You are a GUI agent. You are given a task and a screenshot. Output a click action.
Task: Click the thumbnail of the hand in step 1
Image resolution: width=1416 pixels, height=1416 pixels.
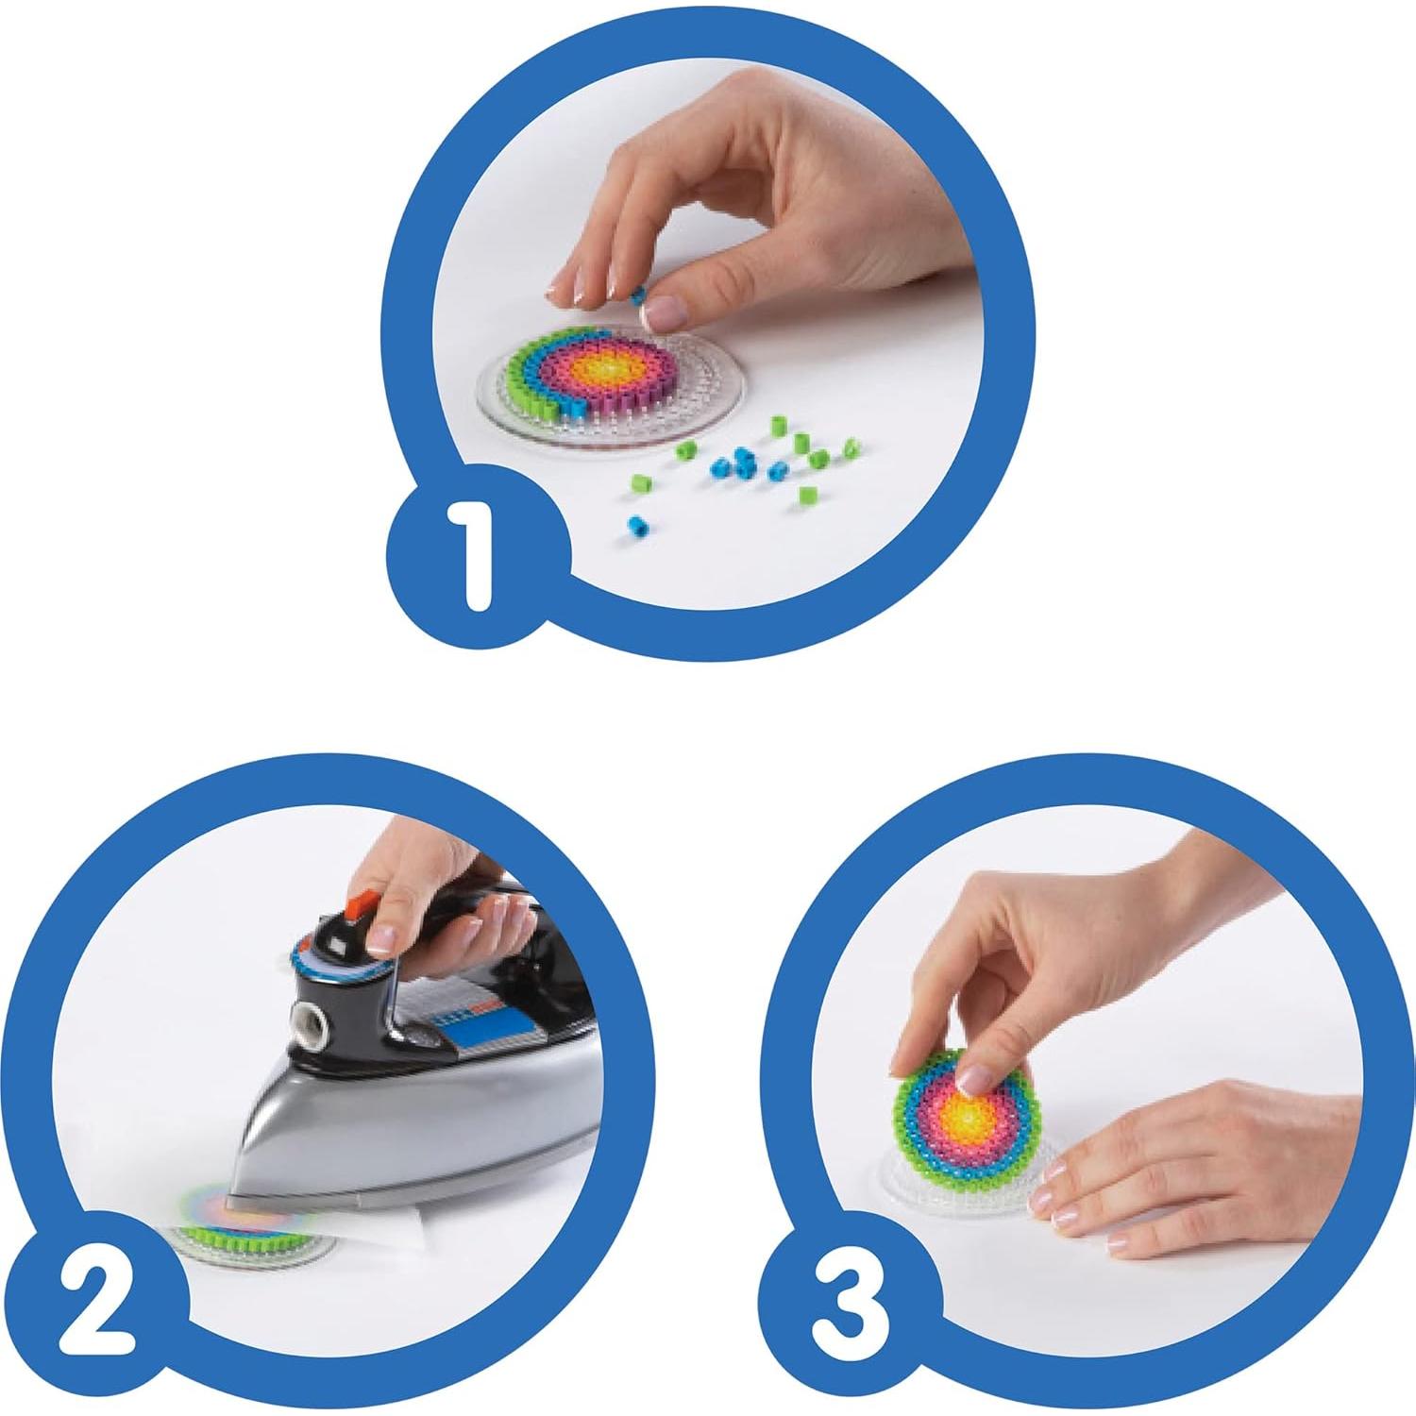point(666,307)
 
